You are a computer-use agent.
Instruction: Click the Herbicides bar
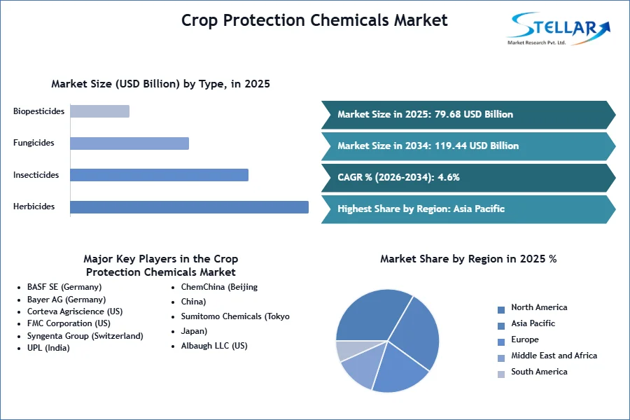(189, 207)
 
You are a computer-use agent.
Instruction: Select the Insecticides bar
(159, 175)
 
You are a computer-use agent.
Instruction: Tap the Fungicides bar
(129, 143)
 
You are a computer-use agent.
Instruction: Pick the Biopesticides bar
(99, 111)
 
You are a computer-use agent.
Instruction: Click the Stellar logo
(559, 29)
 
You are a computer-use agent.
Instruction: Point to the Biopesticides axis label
(38, 111)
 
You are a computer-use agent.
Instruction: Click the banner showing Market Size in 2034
(468, 146)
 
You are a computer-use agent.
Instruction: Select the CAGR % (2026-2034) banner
(468, 177)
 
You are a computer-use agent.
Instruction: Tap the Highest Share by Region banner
(468, 209)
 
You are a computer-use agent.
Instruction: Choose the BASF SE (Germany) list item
(64, 287)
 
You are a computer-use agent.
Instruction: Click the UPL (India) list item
(48, 348)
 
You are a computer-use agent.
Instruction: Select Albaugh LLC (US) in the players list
(214, 346)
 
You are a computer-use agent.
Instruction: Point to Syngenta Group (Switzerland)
(85, 336)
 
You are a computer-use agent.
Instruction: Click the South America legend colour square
(501, 374)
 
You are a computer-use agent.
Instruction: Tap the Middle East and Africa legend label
(554, 356)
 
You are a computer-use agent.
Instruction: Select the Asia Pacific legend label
(533, 323)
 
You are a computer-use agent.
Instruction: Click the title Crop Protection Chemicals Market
(314, 20)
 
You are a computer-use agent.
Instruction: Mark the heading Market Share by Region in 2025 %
(468, 259)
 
